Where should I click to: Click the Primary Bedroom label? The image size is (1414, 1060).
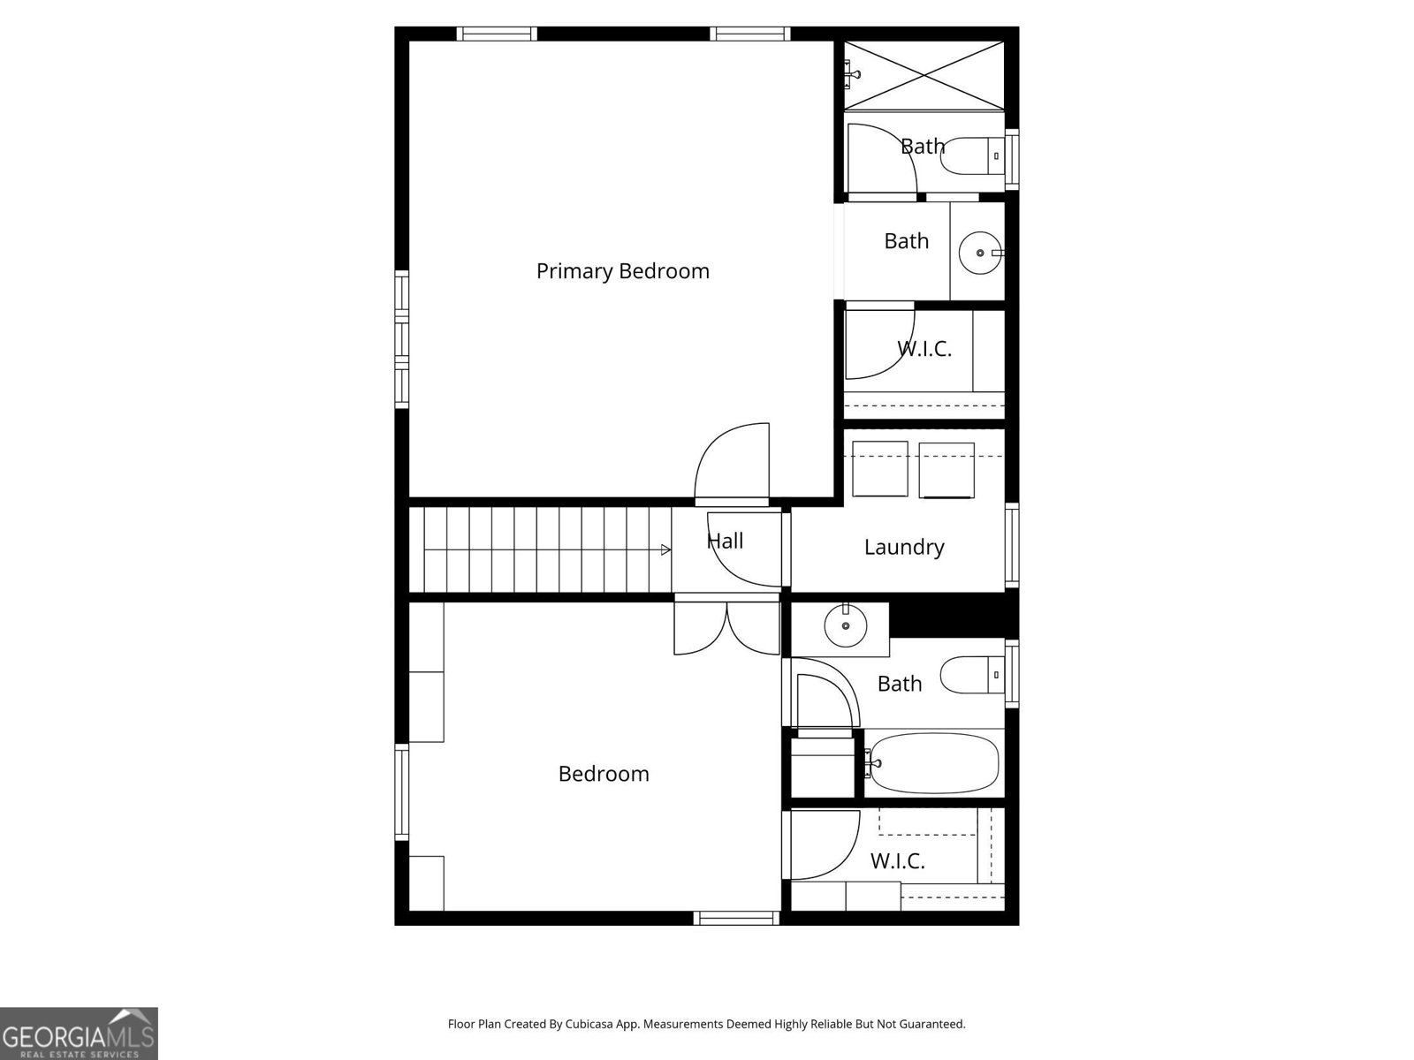click(622, 271)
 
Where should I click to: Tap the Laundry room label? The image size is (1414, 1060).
click(904, 547)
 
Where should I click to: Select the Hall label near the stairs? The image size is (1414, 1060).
click(726, 541)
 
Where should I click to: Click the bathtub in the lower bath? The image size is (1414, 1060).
click(931, 763)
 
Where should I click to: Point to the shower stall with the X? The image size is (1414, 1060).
click(924, 75)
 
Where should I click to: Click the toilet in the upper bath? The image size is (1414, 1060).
click(972, 155)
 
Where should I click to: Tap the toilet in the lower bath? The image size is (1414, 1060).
click(972, 675)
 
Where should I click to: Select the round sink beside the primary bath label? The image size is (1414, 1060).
click(980, 253)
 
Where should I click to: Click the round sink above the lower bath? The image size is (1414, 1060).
click(845, 625)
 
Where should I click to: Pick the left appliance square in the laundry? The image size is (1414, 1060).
click(880, 468)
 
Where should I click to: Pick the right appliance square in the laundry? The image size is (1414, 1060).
click(946, 470)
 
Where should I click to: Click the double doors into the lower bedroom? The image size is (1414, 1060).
click(726, 627)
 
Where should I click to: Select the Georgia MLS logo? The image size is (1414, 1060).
click(79, 1033)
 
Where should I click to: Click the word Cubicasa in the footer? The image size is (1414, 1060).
click(589, 1024)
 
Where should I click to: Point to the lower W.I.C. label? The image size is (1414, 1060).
click(897, 861)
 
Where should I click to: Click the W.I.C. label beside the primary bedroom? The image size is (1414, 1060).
click(924, 349)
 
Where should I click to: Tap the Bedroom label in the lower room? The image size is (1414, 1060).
click(604, 774)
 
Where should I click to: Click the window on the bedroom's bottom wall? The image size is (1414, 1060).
click(736, 918)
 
